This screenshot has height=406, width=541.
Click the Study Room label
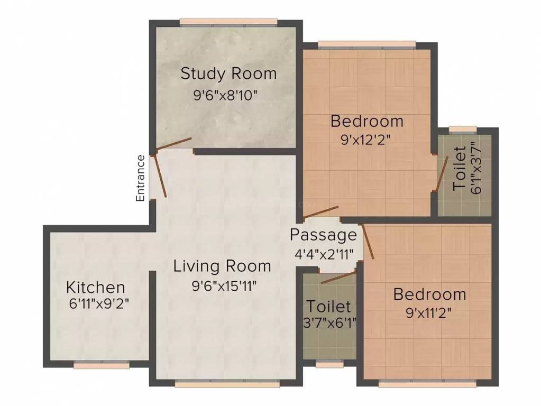(228, 73)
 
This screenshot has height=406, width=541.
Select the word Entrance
(140, 178)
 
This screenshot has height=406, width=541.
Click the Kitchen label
(96, 288)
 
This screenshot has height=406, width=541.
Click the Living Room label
(222, 266)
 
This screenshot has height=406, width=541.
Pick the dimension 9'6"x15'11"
(224, 286)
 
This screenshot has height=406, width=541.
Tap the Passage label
(324, 234)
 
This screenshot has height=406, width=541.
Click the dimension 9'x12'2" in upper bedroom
(366, 141)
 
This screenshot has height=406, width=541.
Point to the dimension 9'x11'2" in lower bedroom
(429, 312)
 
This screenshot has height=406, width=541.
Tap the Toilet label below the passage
(329, 307)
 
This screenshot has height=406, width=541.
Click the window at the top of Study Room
(228, 22)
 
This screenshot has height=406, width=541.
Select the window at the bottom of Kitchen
(101, 365)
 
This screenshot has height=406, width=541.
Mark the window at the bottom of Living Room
(225, 384)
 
